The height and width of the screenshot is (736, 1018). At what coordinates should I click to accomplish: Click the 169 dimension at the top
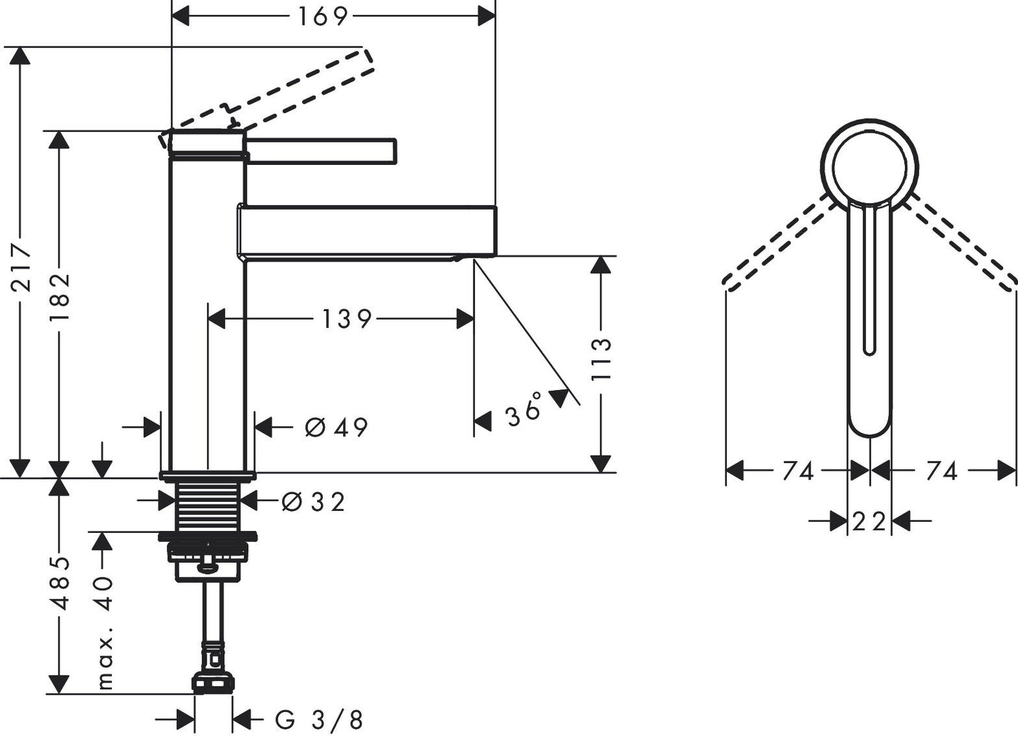[x=322, y=16]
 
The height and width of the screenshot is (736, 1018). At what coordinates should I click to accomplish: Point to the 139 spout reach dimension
[x=346, y=319]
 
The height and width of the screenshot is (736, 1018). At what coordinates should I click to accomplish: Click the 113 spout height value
[x=602, y=359]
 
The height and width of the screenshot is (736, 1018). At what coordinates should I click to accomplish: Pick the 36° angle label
[x=524, y=410]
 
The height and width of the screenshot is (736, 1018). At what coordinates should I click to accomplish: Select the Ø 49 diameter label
[x=337, y=427]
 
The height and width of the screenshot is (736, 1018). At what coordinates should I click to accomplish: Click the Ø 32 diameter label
[x=313, y=502]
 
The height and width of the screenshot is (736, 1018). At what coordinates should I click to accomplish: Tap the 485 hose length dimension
[x=59, y=582]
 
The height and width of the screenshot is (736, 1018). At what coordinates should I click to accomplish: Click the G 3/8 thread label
[x=318, y=720]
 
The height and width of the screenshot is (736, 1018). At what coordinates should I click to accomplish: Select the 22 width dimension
[x=869, y=521]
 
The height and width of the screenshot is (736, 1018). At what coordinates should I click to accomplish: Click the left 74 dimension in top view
[x=798, y=471]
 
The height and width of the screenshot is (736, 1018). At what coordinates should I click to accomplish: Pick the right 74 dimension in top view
[x=942, y=471]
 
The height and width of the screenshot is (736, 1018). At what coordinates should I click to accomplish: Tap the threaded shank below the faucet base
[x=209, y=507]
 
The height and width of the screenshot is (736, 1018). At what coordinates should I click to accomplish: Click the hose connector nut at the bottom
[x=212, y=683]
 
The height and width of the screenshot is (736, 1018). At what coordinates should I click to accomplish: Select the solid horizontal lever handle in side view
[x=321, y=150]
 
